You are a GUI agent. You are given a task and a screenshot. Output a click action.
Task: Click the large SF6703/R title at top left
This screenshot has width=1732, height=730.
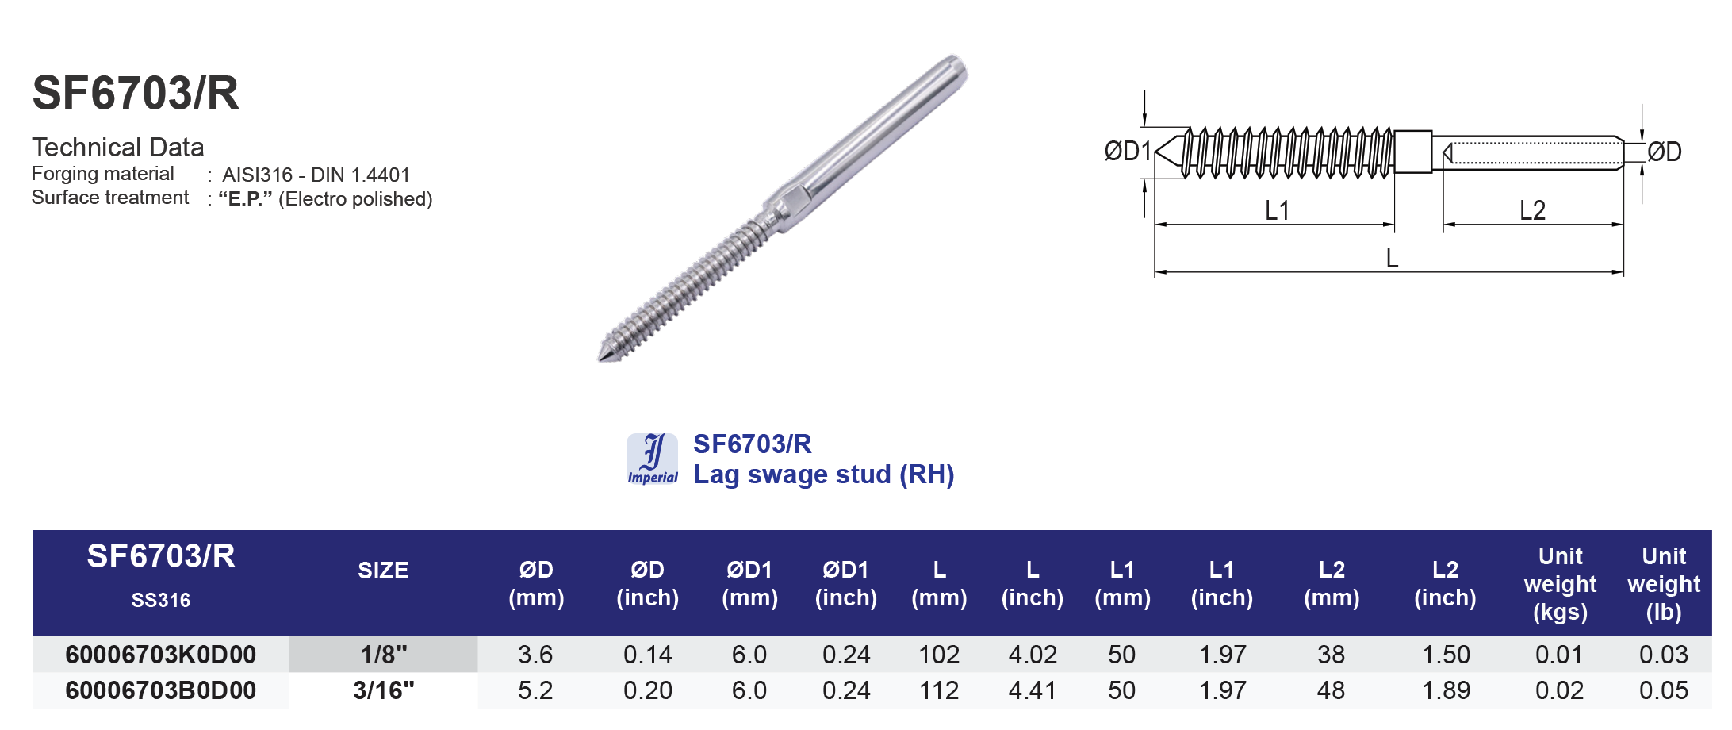[x=136, y=94]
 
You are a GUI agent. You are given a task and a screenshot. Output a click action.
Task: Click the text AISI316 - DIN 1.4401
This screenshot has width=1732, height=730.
[x=316, y=175]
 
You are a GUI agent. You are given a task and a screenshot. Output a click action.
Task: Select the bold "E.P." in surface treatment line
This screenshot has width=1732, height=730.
[x=245, y=198]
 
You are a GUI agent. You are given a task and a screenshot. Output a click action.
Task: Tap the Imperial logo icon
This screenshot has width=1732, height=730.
[x=652, y=459]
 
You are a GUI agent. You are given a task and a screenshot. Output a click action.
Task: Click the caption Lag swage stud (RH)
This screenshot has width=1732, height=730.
[x=823, y=474]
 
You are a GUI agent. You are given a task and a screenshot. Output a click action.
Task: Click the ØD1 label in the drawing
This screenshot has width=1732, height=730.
[x=1127, y=151]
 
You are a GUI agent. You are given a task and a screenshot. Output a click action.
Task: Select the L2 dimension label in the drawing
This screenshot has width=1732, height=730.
[x=1532, y=210]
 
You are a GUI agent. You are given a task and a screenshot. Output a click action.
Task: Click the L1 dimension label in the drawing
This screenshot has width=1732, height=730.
[x=1277, y=210]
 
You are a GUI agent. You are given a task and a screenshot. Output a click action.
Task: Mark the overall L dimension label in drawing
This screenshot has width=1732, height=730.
[x=1392, y=258]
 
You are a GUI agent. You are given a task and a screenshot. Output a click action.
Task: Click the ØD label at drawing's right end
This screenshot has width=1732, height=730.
[x=1664, y=152]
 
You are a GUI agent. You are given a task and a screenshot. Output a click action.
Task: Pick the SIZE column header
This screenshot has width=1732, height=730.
[x=383, y=571]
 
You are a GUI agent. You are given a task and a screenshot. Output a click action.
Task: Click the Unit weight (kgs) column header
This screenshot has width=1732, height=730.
[x=1560, y=584]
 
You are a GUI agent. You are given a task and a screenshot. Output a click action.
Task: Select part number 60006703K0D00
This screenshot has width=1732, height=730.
[x=161, y=655]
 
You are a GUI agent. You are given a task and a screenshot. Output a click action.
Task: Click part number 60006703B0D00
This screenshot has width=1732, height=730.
[x=161, y=690]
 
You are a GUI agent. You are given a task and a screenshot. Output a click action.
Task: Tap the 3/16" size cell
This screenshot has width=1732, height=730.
[x=383, y=690]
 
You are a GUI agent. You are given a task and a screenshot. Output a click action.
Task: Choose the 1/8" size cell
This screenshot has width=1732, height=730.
[x=383, y=655]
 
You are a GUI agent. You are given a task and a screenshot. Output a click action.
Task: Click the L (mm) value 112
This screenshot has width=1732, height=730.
[x=939, y=690]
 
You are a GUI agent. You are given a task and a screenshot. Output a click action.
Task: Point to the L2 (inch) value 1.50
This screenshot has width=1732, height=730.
[x=1445, y=655]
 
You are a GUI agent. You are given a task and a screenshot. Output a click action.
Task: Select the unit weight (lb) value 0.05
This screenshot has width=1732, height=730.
[x=1663, y=690]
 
